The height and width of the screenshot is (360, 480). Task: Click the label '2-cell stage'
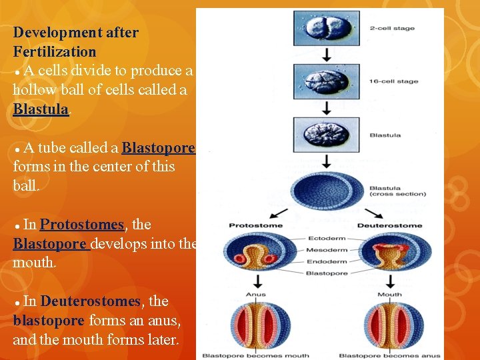point(391,29)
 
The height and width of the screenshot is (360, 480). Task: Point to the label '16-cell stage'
point(393,81)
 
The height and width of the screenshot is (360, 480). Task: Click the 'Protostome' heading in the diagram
point(255,225)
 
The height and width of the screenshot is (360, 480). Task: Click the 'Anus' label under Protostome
point(256,294)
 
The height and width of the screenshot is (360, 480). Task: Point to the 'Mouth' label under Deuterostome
point(389,294)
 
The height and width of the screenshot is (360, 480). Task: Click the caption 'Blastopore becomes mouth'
point(255,355)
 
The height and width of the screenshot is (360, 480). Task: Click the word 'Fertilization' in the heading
point(54,51)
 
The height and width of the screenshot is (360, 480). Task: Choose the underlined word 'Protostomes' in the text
point(82,225)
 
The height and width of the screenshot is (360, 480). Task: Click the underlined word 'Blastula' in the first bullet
point(41,109)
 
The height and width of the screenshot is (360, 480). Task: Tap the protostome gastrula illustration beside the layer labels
point(255,254)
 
